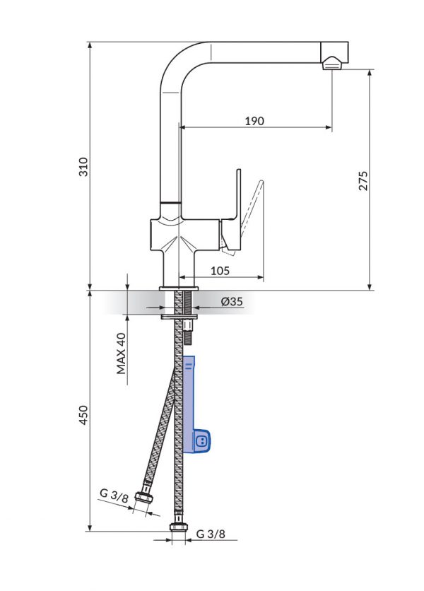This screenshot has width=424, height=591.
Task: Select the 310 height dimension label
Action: (83, 167)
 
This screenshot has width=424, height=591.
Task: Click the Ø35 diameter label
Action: (231, 302)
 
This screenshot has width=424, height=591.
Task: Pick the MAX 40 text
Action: (121, 354)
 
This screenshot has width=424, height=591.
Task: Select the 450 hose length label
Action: (83, 414)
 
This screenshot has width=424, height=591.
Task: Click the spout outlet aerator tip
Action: (333, 65)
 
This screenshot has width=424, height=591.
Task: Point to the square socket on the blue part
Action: (200, 440)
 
